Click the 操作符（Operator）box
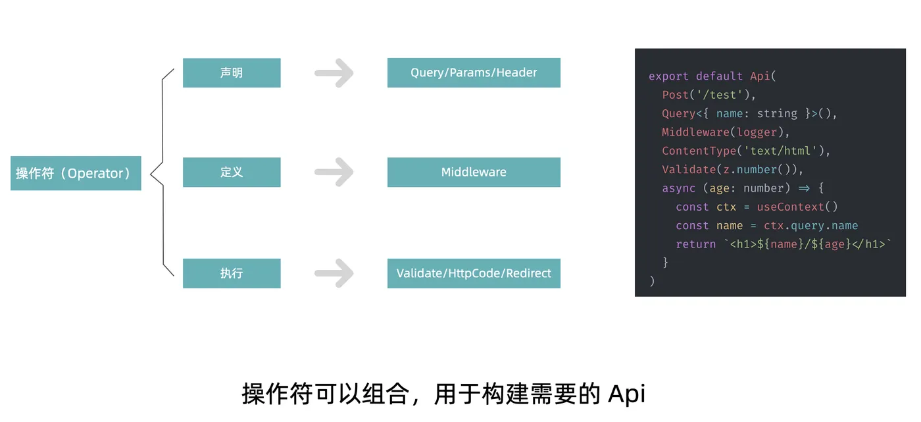[76, 173]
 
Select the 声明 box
[232, 73]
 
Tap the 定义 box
[232, 172]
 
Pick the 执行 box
[232, 273]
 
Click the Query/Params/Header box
[474, 73]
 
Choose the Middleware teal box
[474, 172]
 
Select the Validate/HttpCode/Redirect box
[474, 273]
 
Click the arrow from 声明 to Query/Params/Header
[334, 73]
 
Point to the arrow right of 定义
[334, 172]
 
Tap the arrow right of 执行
[334, 273]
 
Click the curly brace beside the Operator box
[162, 172]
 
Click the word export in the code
[668, 76]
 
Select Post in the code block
[675, 95]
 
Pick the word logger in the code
[757, 132]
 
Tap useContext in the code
[791, 207]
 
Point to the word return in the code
[696, 244]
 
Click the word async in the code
[678, 188]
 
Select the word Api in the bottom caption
[627, 394]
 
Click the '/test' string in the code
[720, 95]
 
